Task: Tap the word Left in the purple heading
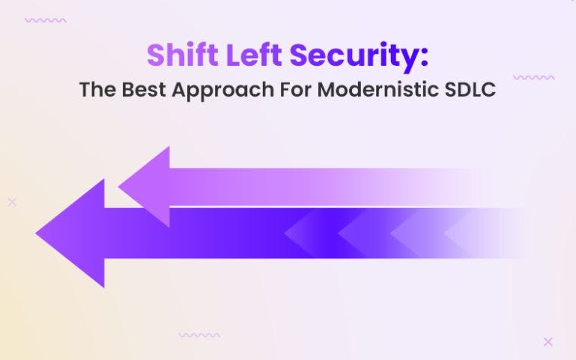tap(246, 55)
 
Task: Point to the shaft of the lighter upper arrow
tap(315, 186)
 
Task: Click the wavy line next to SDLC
tap(534, 77)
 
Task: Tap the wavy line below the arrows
tap(198, 335)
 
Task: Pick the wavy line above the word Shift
tap(45, 20)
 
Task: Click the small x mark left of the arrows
tap(12, 202)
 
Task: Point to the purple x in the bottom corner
tap(548, 341)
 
